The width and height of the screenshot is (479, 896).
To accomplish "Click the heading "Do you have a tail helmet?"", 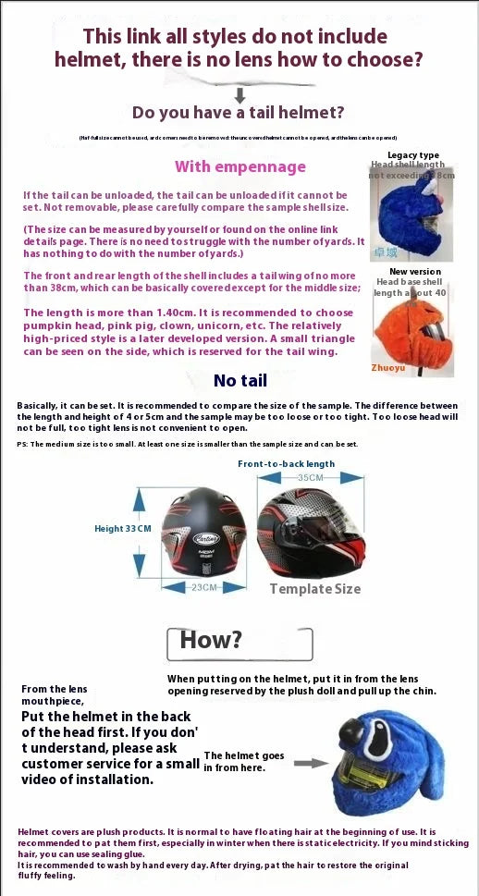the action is pyautogui.click(x=239, y=113).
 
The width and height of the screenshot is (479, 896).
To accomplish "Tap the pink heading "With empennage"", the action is pyautogui.click(x=240, y=166).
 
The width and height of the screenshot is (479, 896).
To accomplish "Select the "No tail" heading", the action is pyautogui.click(x=239, y=380).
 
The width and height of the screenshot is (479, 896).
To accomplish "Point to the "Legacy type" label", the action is pyautogui.click(x=412, y=155).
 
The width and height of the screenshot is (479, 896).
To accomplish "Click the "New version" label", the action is pyautogui.click(x=415, y=272).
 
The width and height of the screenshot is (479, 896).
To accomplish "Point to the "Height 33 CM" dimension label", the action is pyautogui.click(x=122, y=529).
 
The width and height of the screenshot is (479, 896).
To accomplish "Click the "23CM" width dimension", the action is pyautogui.click(x=203, y=587).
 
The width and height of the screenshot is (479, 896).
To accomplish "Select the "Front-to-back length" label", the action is pyautogui.click(x=287, y=463).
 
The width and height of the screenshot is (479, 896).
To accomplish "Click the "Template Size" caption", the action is pyautogui.click(x=314, y=589).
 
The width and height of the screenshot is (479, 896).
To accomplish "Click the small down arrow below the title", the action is pyautogui.click(x=239, y=94).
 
